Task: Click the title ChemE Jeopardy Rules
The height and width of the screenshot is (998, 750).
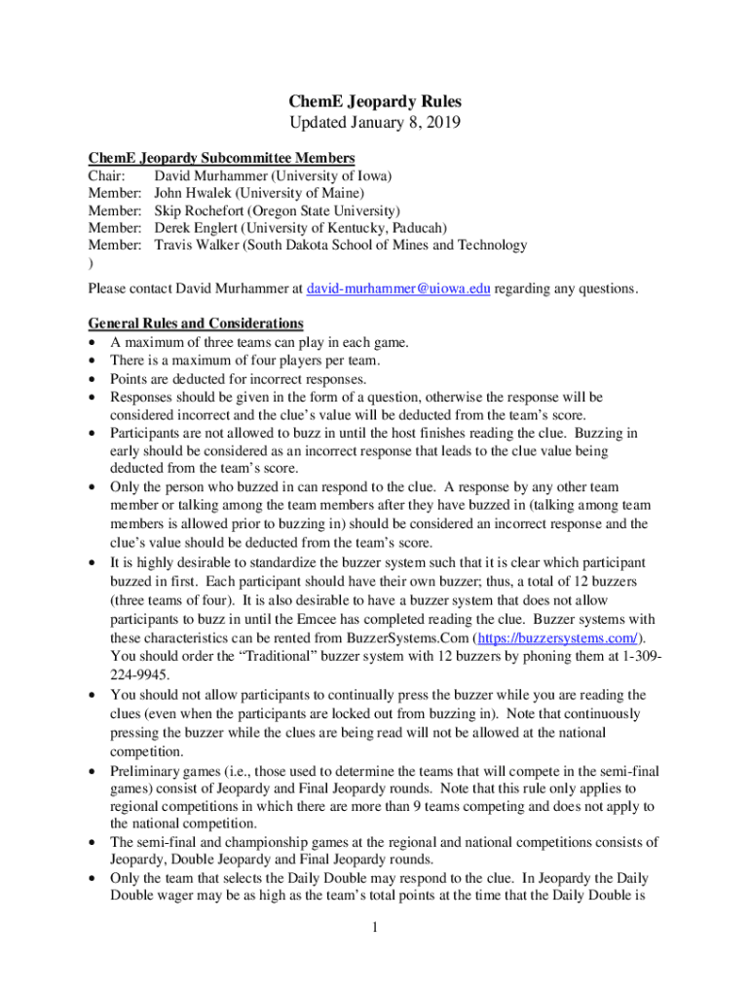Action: click(375, 101)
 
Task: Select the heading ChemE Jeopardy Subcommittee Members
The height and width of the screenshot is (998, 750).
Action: click(221, 158)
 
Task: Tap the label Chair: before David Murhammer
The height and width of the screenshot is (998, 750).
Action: click(107, 175)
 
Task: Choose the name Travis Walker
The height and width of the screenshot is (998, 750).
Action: click(199, 246)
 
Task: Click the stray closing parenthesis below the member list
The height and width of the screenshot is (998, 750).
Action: click(91, 263)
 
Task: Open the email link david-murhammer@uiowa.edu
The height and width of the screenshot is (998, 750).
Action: click(398, 288)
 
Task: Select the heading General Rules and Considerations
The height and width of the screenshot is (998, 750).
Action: click(195, 324)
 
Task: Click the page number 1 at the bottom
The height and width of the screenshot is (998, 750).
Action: click(375, 927)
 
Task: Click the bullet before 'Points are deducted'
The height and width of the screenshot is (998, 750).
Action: click(93, 379)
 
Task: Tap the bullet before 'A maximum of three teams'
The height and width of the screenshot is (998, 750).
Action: click(93, 343)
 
